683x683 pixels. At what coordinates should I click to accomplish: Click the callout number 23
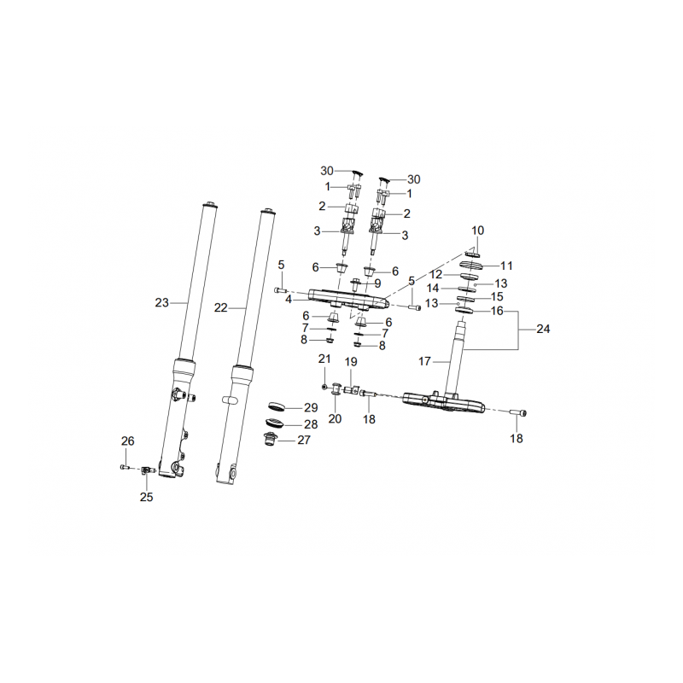161,302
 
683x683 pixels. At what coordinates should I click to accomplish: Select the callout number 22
221,307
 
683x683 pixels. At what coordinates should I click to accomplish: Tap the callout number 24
543,329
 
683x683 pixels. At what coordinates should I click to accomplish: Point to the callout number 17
424,361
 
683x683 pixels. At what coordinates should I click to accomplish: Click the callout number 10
478,230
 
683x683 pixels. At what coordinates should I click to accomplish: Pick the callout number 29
311,408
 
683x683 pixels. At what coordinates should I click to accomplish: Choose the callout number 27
304,440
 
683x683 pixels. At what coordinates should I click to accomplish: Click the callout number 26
127,441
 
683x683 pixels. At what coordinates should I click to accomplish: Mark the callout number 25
146,497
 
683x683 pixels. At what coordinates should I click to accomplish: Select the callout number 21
324,359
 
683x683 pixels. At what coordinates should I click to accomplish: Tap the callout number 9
377,283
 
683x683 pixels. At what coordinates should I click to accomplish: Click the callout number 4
289,300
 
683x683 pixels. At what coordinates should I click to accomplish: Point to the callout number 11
506,266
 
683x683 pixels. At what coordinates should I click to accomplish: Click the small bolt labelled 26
125,467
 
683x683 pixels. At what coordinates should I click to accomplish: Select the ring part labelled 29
276,406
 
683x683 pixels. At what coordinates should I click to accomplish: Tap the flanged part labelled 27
270,439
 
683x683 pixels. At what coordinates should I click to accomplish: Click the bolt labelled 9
355,284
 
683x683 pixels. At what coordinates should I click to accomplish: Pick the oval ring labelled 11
472,265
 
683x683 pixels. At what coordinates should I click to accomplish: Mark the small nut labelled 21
324,387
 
